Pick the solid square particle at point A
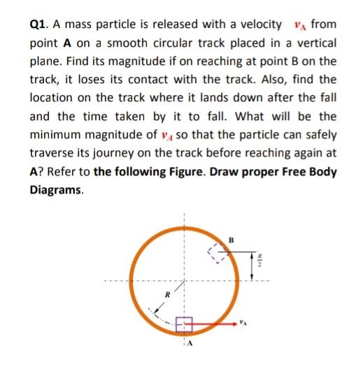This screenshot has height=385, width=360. (184, 324)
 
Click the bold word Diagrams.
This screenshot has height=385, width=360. (56, 189)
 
